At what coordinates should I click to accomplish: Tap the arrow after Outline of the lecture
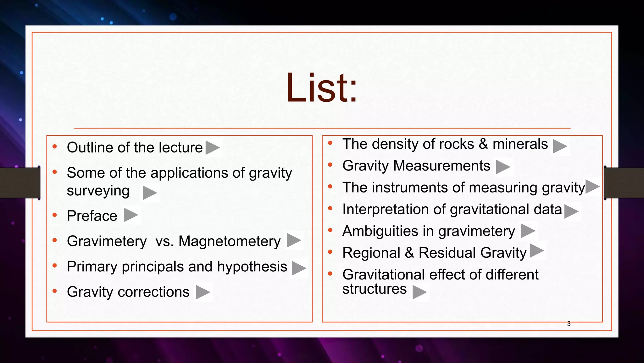212,147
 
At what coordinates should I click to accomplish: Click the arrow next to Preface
130,215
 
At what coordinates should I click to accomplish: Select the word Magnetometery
229,241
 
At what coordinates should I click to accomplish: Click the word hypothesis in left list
252,267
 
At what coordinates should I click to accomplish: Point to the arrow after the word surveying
149,193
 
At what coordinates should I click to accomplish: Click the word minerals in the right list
520,144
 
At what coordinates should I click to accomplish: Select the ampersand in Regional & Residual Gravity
409,253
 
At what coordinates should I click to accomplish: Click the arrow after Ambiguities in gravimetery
528,231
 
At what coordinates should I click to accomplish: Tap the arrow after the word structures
419,292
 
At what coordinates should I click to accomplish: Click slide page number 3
569,324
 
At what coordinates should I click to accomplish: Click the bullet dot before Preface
55,215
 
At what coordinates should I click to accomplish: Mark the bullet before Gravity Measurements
330,165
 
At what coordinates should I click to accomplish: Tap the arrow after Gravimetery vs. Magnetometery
294,241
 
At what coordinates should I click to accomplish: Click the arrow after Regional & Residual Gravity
536,251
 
